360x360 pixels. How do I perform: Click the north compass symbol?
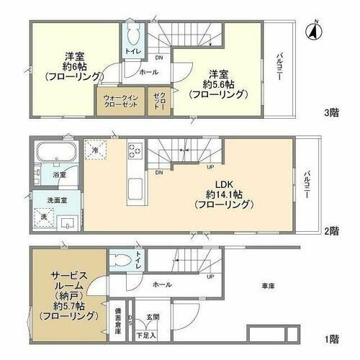[x=312, y=30]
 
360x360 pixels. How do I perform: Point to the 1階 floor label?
[x=331, y=338]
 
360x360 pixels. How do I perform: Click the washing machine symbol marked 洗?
[x=42, y=217]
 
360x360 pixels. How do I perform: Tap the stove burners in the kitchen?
[x=135, y=152]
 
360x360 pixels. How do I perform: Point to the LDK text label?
[x=221, y=183]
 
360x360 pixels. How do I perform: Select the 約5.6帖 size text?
[x=219, y=84]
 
